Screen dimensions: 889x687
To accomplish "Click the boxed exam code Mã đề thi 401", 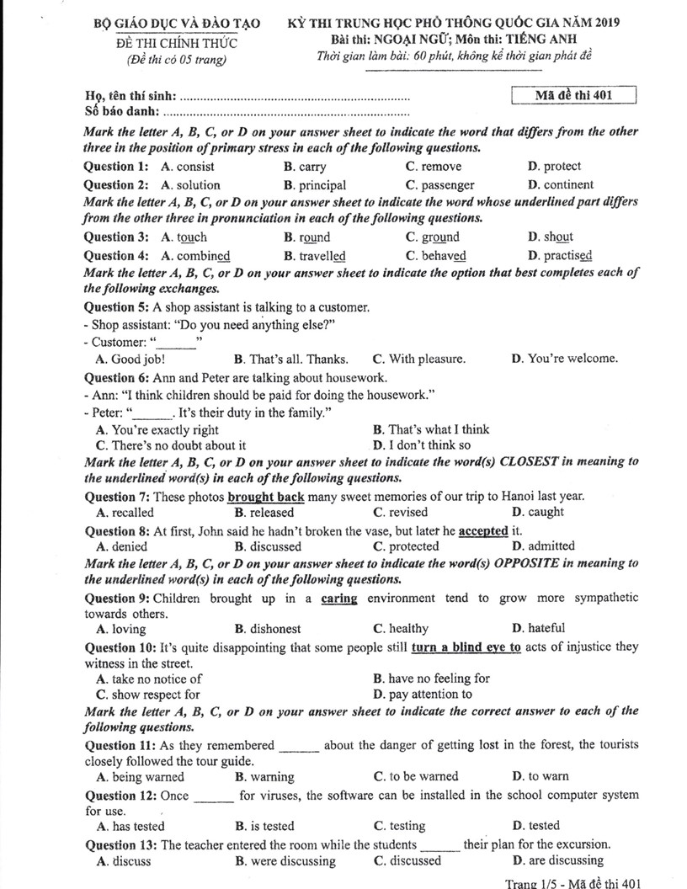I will pos(572,95).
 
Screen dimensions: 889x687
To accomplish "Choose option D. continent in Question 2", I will pos(561,185).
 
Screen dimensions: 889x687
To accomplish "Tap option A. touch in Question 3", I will pos(184,237).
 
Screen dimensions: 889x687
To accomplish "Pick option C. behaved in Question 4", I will pos(436,256).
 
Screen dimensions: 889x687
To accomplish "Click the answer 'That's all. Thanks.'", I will pos(291,359).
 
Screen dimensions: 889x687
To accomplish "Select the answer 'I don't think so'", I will pos(422,445).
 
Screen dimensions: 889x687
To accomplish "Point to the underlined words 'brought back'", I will pos(266,497).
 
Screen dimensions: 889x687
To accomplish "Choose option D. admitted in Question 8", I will pos(543,546).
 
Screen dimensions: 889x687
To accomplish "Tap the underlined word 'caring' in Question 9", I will pos(339,599).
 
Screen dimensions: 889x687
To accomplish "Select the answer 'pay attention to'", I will pos(422,695).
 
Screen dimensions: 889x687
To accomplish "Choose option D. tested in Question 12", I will pos(535,827).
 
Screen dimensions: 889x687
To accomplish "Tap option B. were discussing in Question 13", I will pos(285,861).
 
